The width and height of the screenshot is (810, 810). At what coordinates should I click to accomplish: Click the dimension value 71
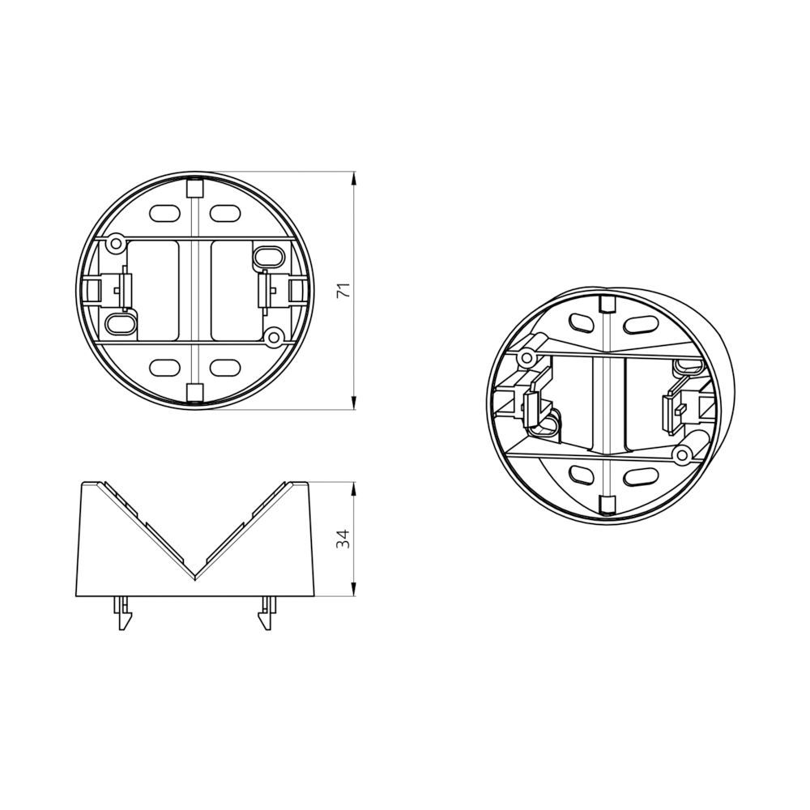point(343,292)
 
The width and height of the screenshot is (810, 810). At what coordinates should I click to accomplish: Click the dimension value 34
point(343,539)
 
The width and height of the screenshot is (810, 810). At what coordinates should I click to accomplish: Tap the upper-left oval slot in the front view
point(164,213)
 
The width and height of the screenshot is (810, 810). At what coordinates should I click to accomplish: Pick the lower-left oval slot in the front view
point(164,366)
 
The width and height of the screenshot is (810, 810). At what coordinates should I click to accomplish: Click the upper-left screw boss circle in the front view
point(116,241)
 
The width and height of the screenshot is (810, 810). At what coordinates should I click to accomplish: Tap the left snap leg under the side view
point(122,614)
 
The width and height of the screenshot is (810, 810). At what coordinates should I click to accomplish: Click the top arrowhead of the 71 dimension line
point(355,177)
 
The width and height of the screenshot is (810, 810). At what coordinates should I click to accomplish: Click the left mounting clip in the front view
point(122,289)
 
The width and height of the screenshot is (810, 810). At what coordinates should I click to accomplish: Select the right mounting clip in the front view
point(265,289)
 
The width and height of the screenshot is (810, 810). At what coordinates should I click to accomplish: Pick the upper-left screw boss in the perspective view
point(527,357)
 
